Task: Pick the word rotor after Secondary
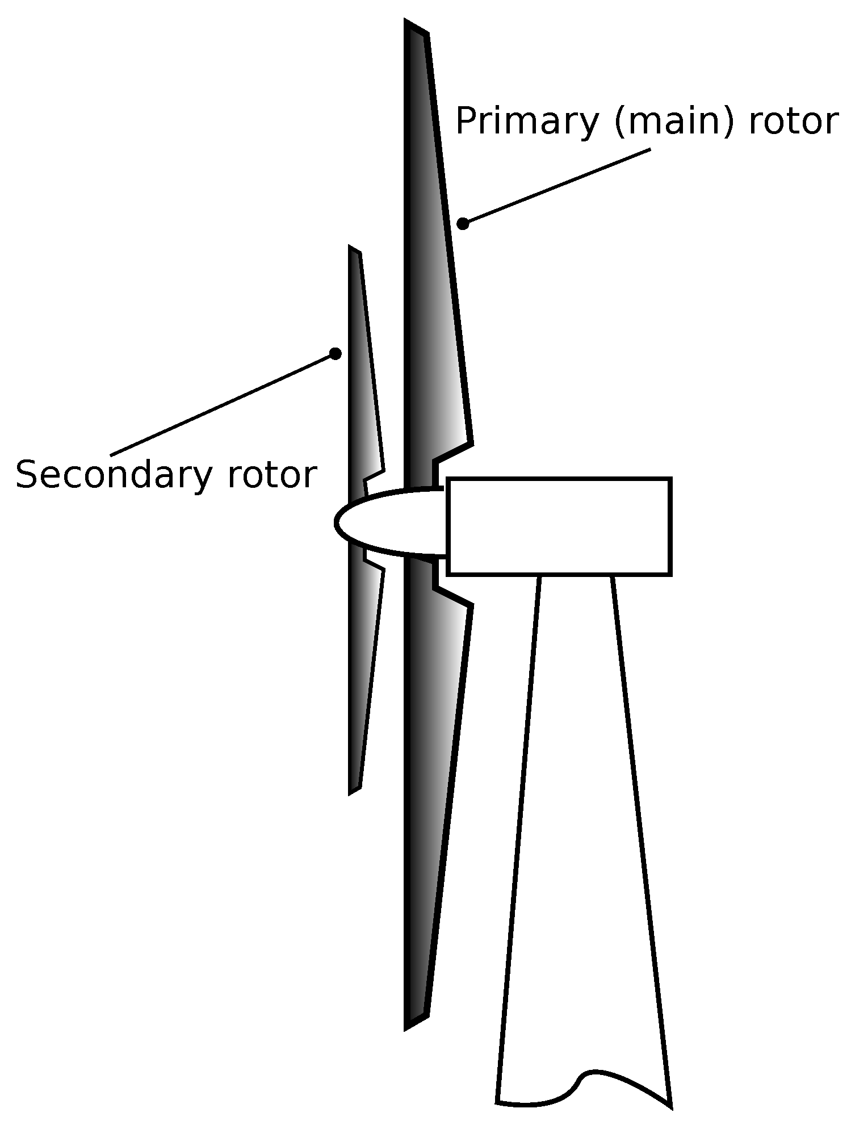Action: coord(271,475)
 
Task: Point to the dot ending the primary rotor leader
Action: coord(463,223)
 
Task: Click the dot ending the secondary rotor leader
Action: coord(336,354)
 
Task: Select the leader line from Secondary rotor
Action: coord(221,404)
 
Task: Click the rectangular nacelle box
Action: coord(559,526)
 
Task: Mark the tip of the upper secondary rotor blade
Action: coord(353,249)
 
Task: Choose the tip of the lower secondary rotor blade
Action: coord(353,791)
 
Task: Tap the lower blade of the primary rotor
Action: coord(434,795)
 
